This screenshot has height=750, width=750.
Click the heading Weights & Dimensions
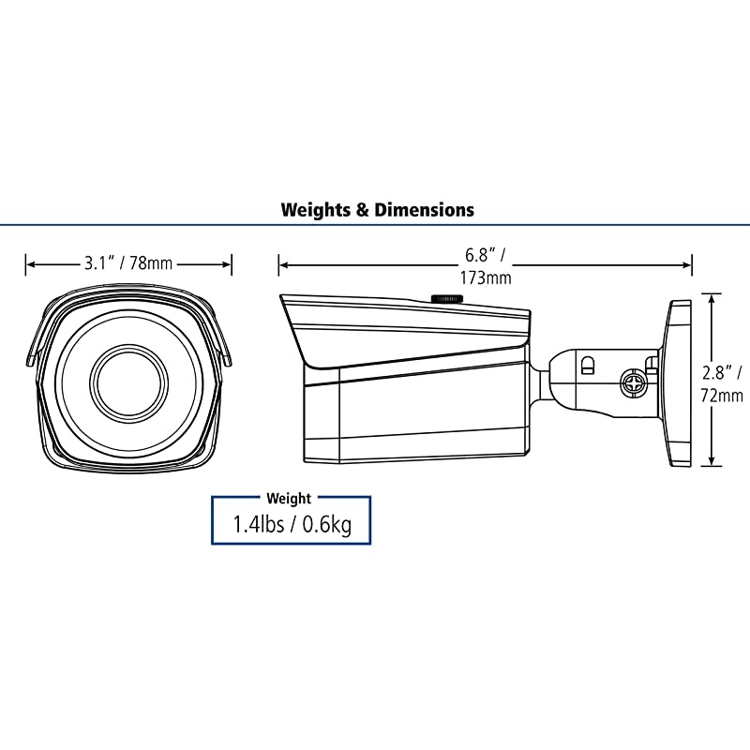[x=377, y=209]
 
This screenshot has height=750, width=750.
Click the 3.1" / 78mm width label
[x=128, y=263]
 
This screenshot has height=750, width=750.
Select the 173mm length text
[x=485, y=277]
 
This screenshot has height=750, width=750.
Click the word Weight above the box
[x=289, y=499]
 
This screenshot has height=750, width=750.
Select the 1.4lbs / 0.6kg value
[x=292, y=525]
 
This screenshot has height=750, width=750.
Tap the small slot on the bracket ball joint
[x=587, y=363]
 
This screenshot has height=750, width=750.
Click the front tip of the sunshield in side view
[x=283, y=299]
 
